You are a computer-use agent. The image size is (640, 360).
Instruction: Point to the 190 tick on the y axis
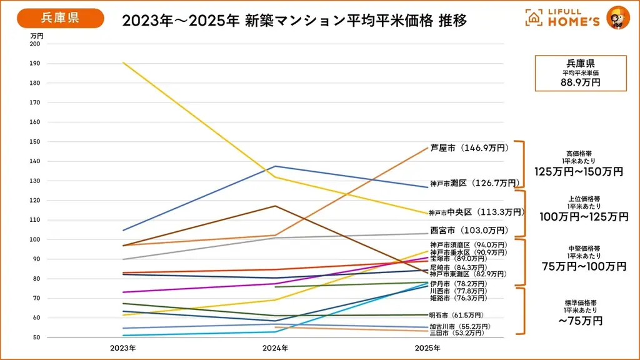pyautogui.click(x=34, y=63)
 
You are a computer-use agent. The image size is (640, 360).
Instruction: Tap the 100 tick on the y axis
pyautogui.click(x=34, y=239)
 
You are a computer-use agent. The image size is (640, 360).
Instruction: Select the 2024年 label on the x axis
pyautogui.click(x=275, y=347)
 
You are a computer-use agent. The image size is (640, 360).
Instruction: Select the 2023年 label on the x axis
pyautogui.click(x=124, y=347)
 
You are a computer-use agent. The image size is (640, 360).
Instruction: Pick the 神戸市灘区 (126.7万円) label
pyautogui.click(x=474, y=183)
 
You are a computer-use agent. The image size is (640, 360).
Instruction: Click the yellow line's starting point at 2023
pyautogui.click(x=124, y=62)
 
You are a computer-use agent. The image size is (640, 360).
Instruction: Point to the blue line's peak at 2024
pyautogui.click(x=275, y=166)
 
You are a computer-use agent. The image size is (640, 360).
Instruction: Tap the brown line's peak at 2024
pyautogui.click(x=275, y=206)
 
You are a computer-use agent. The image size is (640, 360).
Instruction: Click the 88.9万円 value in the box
pyautogui.click(x=580, y=82)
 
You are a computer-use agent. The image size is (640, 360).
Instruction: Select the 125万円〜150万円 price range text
pyautogui.click(x=579, y=171)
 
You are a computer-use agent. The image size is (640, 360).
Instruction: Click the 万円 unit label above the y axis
pyautogui.click(x=37, y=36)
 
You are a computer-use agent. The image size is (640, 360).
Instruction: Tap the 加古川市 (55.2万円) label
pyautogui.click(x=459, y=326)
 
